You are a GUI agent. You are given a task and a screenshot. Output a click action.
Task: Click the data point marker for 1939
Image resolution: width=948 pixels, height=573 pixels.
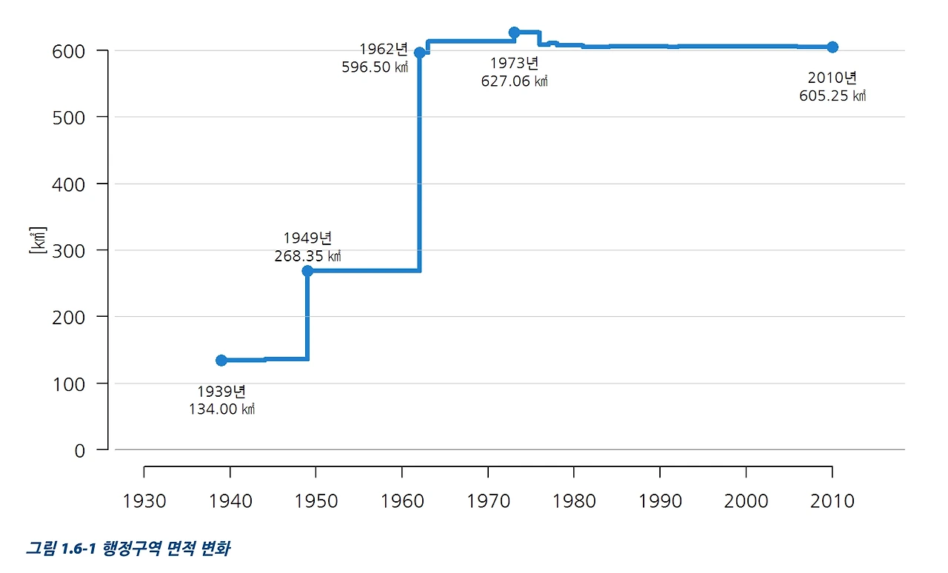(x=221, y=360)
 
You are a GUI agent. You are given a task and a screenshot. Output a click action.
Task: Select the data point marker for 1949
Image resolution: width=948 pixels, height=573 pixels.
(x=307, y=271)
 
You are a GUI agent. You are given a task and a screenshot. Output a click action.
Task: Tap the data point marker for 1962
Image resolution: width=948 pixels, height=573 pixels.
(x=419, y=53)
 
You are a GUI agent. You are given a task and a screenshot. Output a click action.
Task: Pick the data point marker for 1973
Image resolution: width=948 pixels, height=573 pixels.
(x=514, y=33)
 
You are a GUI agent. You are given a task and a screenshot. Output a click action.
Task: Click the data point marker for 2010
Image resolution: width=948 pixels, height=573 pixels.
(x=832, y=47)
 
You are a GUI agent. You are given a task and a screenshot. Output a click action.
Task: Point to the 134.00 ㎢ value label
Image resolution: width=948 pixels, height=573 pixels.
(x=221, y=409)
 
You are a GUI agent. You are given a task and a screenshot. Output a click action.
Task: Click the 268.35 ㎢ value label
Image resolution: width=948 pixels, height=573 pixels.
(x=307, y=257)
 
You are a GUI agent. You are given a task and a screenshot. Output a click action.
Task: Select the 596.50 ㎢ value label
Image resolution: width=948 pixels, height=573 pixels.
(x=375, y=67)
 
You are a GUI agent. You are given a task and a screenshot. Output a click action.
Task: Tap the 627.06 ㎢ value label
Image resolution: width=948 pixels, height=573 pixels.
(x=514, y=81)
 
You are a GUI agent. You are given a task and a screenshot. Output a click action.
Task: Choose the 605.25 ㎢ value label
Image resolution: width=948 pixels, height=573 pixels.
(x=832, y=96)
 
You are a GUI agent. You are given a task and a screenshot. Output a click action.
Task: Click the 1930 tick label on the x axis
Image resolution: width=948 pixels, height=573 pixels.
(x=144, y=501)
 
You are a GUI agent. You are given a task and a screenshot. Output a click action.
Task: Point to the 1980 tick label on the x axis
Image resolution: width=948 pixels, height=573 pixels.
(x=574, y=501)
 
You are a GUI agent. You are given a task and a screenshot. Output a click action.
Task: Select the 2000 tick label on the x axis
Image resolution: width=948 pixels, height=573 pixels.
(x=746, y=501)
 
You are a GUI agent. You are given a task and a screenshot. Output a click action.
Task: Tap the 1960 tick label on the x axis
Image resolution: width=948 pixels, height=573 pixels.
(x=401, y=501)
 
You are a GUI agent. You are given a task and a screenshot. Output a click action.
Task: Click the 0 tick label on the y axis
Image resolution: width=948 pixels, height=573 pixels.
(x=80, y=450)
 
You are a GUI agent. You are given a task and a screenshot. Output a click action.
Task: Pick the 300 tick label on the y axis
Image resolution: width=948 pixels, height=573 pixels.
(x=70, y=250)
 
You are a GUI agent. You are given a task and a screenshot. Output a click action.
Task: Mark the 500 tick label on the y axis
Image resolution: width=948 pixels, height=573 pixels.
(x=70, y=117)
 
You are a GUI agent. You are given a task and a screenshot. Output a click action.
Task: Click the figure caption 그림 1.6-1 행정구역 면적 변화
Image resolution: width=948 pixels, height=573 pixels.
(x=127, y=549)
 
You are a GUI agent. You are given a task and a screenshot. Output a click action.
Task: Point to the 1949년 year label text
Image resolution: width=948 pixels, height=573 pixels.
(x=307, y=238)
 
